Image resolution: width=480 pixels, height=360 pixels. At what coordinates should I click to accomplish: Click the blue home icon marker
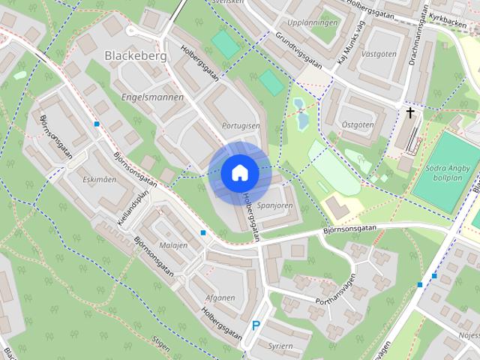240,172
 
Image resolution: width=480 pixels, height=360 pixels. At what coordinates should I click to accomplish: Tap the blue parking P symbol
256,326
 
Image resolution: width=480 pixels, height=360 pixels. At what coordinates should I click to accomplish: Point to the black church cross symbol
410,113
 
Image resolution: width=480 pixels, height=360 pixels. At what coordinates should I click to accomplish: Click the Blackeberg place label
134,55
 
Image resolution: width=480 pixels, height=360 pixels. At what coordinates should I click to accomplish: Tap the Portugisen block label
241,126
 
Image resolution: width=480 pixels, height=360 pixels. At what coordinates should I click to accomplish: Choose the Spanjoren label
274,204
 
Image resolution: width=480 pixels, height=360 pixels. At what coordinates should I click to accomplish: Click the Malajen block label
174,245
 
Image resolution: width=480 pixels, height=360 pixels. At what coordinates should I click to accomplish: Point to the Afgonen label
220,298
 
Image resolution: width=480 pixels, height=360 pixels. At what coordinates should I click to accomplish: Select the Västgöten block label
378,55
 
